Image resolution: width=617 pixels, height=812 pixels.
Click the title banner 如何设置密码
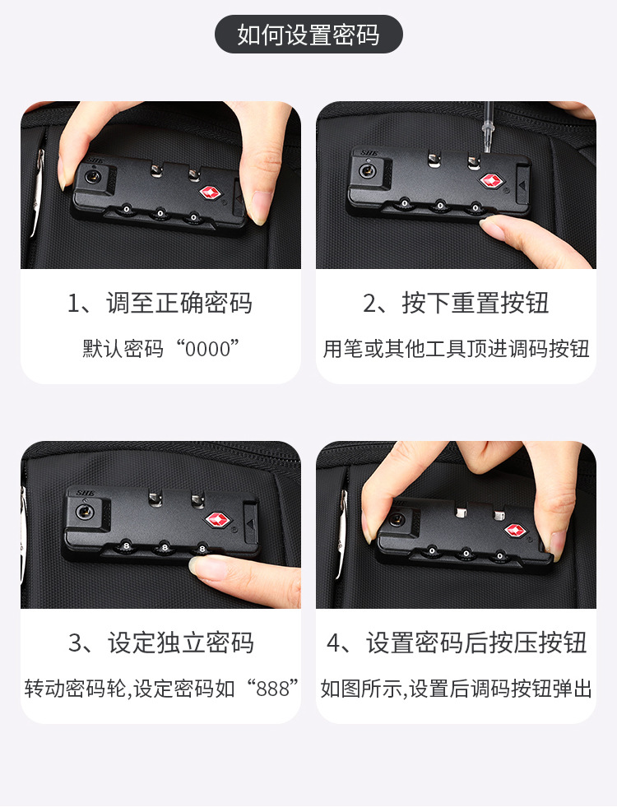click(308, 35)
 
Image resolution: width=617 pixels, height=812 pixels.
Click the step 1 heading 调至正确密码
click(179, 303)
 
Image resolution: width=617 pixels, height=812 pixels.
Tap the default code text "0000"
click(207, 349)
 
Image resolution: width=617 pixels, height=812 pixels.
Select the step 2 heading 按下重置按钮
click(475, 303)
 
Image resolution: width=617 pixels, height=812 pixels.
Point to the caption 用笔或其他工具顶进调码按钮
click(456, 349)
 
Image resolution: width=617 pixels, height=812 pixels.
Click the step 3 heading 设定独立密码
click(181, 643)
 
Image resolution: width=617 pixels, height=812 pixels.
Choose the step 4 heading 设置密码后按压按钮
click(476, 643)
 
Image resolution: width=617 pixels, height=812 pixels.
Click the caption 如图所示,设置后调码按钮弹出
click(456, 689)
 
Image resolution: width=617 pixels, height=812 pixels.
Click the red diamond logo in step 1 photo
click(211, 193)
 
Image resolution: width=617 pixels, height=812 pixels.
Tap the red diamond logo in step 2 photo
click(491, 181)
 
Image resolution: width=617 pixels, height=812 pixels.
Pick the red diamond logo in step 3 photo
click(218, 520)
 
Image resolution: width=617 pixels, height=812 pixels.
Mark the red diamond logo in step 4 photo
click(515, 530)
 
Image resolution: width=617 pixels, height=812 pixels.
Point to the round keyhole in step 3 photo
click(85, 513)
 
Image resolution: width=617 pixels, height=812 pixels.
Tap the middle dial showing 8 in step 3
click(165, 547)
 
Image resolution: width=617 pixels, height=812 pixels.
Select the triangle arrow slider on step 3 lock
click(251, 524)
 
